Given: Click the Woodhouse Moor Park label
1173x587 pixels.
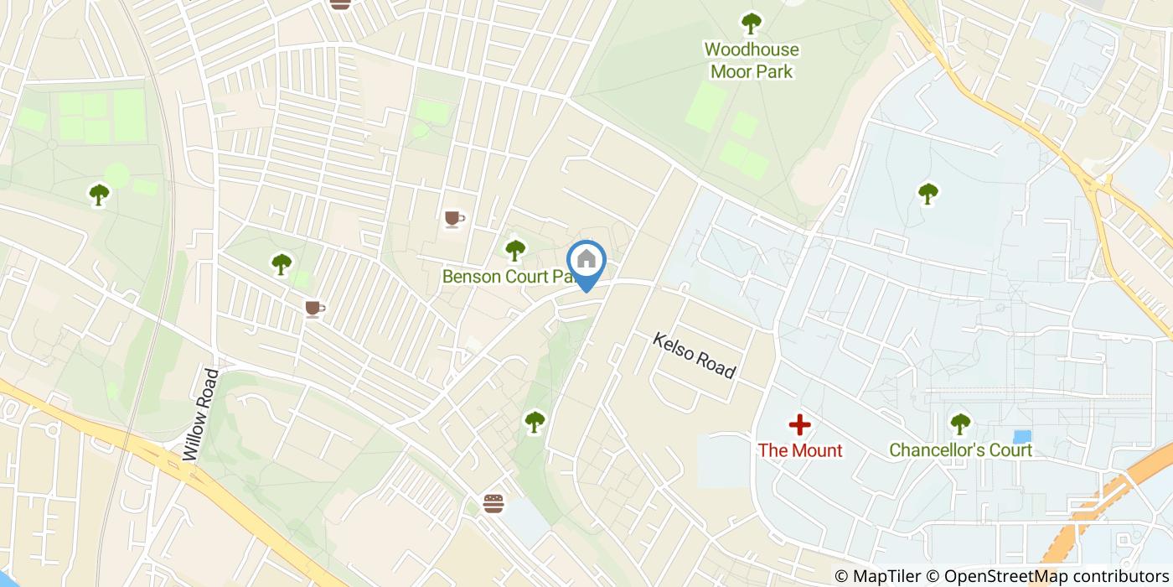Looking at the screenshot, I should tap(752, 60).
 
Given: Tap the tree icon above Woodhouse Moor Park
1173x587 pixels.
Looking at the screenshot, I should tap(752, 23).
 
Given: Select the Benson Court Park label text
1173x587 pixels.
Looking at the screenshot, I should tap(507, 277).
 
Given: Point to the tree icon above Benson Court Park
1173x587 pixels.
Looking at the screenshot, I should tap(515, 249).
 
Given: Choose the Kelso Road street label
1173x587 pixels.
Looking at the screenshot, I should tap(694, 356).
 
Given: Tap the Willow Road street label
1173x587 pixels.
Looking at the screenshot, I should tap(200, 415).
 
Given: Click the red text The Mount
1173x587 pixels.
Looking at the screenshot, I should tap(800, 450).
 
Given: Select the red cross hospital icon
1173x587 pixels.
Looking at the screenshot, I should tap(800, 424).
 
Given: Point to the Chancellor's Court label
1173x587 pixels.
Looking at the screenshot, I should tap(960, 450).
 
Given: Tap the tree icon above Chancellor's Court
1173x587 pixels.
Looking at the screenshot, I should tap(960, 423).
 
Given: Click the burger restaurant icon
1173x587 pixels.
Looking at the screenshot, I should tap(494, 503).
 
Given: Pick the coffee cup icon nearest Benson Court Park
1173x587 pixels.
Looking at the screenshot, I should tap(454, 219).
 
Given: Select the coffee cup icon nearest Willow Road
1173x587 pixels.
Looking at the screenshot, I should tap(314, 309).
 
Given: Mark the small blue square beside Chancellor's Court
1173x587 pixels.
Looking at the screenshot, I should tap(1022, 437).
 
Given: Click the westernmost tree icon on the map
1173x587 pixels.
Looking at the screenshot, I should tap(100, 195).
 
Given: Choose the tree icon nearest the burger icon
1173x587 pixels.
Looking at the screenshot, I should tap(535, 421).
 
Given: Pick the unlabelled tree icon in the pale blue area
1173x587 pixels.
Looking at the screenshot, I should tap(928, 194).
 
